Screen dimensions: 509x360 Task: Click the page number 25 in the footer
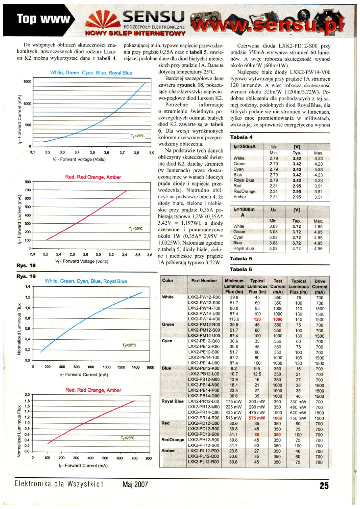(324, 486)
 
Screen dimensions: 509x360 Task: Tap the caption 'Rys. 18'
(26, 266)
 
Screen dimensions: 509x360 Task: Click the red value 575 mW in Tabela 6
(257, 418)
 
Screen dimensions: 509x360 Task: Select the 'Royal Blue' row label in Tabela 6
(173, 401)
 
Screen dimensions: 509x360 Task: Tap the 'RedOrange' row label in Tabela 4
(243, 191)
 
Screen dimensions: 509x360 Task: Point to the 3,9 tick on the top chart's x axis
(152, 153)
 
